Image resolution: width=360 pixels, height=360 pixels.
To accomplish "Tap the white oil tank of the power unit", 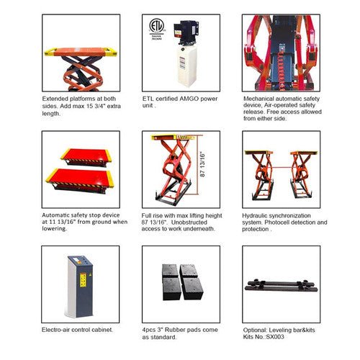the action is [x=187, y=66].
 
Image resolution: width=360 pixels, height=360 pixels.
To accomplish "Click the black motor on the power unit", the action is [x=186, y=32].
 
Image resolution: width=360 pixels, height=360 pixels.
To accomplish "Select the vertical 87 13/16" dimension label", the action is [x=202, y=165].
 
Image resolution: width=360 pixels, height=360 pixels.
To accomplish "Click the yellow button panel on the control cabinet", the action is [x=83, y=280].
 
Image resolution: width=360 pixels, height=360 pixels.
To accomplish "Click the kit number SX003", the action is [x=275, y=337].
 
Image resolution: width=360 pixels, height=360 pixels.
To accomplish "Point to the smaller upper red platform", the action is [x=86, y=157].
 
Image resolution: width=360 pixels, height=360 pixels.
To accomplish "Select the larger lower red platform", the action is [x=80, y=180].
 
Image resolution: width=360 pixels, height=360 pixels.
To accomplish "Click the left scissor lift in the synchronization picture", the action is [x=260, y=175].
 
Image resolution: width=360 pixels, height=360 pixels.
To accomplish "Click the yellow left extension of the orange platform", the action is [x=50, y=52].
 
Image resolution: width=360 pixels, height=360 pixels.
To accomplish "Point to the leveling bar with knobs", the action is [x=282, y=286].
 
